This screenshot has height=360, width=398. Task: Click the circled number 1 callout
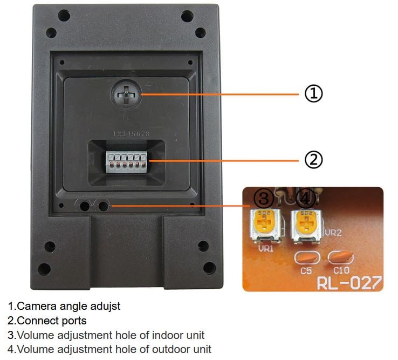point(313,94)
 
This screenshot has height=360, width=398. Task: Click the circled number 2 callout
point(313,159)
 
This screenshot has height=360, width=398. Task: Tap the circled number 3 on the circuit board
point(263,199)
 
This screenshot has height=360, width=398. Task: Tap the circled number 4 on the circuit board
point(306,199)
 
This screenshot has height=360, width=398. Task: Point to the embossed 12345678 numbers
point(131,133)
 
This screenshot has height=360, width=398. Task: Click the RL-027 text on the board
point(349,282)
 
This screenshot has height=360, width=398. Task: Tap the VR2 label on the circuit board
point(334,233)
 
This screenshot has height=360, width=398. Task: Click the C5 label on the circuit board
point(306,270)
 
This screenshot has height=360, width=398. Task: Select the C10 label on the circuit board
point(341,270)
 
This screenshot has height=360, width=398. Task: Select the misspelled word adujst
point(106,306)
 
